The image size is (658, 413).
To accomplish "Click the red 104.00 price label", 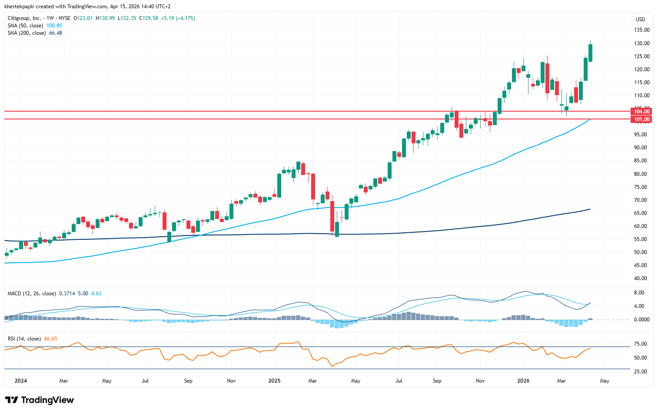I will (x=641, y=112).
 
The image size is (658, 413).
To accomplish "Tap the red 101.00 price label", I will (x=641, y=119).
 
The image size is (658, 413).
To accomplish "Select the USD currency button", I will (x=640, y=19).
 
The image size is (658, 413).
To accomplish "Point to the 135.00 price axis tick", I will (x=641, y=30).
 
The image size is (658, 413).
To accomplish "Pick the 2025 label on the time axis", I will (x=274, y=381).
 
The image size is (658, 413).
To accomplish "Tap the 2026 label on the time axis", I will (x=523, y=381).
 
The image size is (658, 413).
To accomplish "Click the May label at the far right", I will (x=605, y=381).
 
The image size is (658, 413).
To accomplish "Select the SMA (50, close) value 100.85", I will (x=54, y=26).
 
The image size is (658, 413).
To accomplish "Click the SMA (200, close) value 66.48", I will (x=56, y=33).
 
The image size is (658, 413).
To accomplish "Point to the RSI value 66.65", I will (x=50, y=339).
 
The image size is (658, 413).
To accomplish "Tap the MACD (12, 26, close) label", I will (x=32, y=294).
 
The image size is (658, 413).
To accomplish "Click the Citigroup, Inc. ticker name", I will (x=24, y=18).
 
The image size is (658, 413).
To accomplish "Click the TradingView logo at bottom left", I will (x=40, y=400).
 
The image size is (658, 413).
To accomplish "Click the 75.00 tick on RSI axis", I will (x=641, y=344).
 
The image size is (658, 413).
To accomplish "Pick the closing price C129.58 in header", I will (x=148, y=18).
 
